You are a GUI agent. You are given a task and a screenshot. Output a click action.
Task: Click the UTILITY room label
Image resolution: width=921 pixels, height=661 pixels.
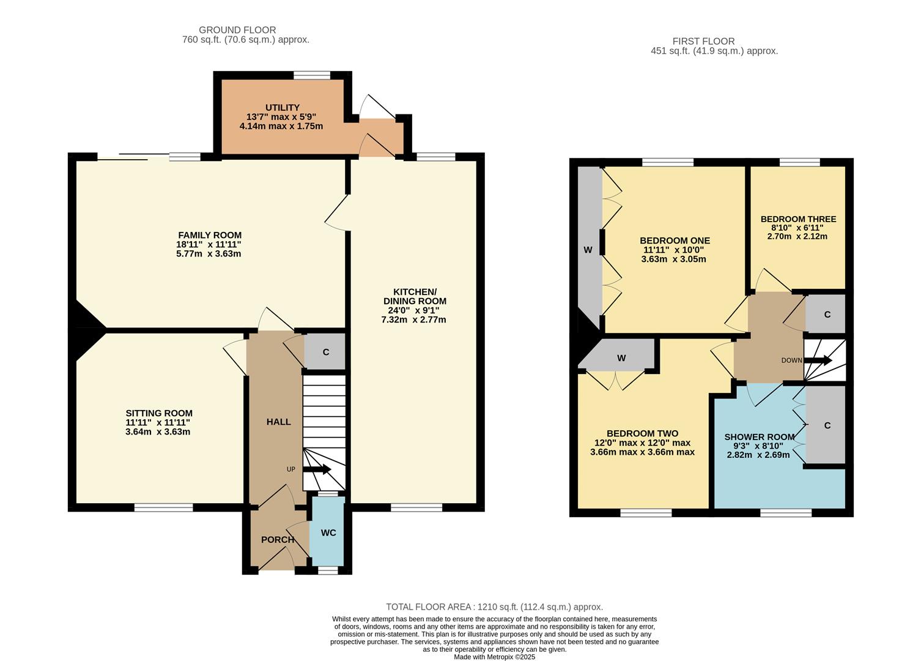click(x=282, y=108)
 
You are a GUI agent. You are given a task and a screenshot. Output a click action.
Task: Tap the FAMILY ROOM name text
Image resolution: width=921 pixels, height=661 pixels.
click(x=210, y=235)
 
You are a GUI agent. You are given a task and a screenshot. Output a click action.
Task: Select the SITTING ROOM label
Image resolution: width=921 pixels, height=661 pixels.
click(x=159, y=413)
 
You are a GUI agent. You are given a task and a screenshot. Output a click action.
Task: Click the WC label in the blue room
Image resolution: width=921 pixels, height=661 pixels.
click(x=328, y=532)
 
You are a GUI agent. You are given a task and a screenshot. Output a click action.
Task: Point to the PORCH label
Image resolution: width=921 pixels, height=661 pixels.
click(x=278, y=540)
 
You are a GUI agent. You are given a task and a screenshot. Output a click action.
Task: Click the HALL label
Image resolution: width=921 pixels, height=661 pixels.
click(x=278, y=422)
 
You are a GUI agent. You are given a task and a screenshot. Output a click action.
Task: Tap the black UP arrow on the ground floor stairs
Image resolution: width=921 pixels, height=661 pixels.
click(x=317, y=470)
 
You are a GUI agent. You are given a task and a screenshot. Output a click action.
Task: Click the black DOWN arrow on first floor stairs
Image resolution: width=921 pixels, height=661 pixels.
click(x=818, y=360)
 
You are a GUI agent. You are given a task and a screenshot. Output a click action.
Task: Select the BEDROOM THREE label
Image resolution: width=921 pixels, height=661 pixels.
click(x=798, y=219)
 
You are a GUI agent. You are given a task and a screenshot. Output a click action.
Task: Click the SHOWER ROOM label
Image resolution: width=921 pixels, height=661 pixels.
click(x=760, y=437)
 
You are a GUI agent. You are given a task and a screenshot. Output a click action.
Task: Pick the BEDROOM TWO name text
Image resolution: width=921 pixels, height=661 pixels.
click(x=642, y=433)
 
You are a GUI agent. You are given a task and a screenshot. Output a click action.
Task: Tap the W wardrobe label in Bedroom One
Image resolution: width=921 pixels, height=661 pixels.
click(x=588, y=250)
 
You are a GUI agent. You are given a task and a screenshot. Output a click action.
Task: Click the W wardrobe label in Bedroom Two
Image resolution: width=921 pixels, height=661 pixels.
click(x=621, y=358)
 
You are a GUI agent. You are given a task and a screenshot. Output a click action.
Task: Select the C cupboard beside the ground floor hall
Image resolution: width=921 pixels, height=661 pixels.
click(x=326, y=352)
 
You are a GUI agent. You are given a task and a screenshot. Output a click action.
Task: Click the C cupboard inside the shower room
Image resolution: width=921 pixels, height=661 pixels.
click(x=827, y=425)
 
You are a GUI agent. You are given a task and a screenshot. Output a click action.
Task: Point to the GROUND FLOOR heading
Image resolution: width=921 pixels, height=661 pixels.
click(x=237, y=30)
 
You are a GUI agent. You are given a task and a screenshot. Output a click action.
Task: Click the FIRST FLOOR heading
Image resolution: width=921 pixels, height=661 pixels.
click(x=703, y=42)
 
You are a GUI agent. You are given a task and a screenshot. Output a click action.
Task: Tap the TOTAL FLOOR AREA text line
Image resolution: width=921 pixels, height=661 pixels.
click(x=494, y=607)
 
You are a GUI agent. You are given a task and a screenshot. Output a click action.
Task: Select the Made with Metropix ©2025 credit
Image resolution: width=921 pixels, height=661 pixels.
click(x=494, y=657)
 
